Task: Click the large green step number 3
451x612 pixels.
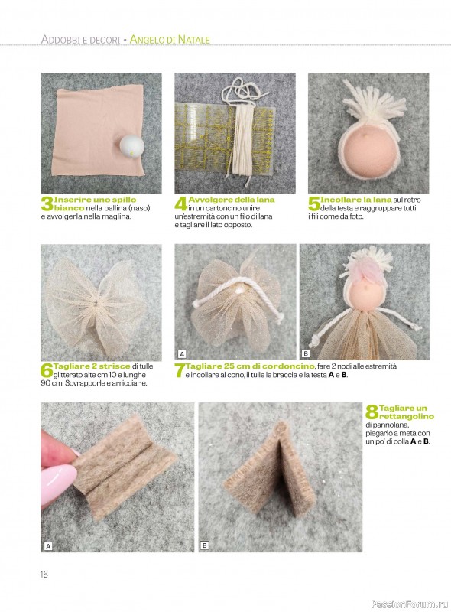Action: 47,204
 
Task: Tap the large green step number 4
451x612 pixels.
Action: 181,204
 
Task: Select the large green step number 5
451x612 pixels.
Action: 314,204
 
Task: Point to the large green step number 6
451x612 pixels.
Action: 47,371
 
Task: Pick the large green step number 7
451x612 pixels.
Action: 180,371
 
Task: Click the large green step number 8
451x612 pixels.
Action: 372,412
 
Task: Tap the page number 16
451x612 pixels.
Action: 44,575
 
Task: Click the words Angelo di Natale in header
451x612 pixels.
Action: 170,40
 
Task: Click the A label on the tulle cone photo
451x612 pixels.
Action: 182,354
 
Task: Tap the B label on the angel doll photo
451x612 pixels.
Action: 306,354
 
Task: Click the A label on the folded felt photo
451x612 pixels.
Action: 48,546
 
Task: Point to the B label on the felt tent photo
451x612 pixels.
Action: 204,545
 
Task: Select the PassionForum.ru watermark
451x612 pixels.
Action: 410,604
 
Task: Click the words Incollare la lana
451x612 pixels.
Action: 355,200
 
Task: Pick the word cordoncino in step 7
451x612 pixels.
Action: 288,366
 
